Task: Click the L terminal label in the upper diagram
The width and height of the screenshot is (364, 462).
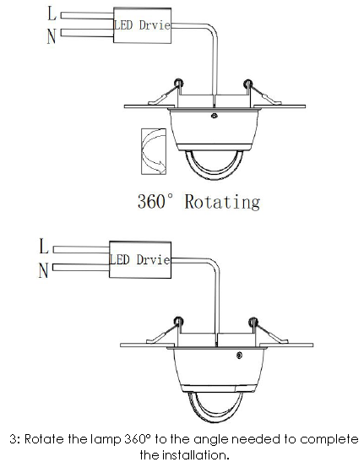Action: pyautogui.click(x=52, y=14)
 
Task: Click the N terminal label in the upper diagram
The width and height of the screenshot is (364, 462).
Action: pyautogui.click(x=52, y=37)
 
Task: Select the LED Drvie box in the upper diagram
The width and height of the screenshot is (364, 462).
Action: pyautogui.click(x=142, y=25)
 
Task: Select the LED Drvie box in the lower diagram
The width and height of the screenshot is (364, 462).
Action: pyautogui.click(x=140, y=259)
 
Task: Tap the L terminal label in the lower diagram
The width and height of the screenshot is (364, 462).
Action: pyautogui.click(x=43, y=247)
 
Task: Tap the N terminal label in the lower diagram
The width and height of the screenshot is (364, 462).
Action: pyautogui.click(x=43, y=270)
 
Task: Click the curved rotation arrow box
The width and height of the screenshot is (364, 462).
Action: pyautogui.click(x=154, y=151)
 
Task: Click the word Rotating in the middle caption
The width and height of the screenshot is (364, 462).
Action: pyautogui.click(x=222, y=202)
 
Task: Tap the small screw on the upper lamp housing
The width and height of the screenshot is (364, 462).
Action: pyautogui.click(x=215, y=116)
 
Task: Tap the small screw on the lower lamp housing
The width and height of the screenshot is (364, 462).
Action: pyautogui.click(x=239, y=356)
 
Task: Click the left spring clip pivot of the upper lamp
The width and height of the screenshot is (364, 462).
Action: pyautogui.click(x=178, y=83)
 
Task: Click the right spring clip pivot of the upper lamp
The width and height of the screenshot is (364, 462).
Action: pyautogui.click(x=247, y=84)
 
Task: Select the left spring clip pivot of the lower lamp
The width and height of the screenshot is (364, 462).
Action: pyautogui.click(x=178, y=321)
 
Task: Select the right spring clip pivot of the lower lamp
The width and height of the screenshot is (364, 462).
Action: pyautogui.click(x=253, y=322)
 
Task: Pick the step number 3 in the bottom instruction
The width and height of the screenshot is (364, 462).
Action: pyautogui.click(x=13, y=439)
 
